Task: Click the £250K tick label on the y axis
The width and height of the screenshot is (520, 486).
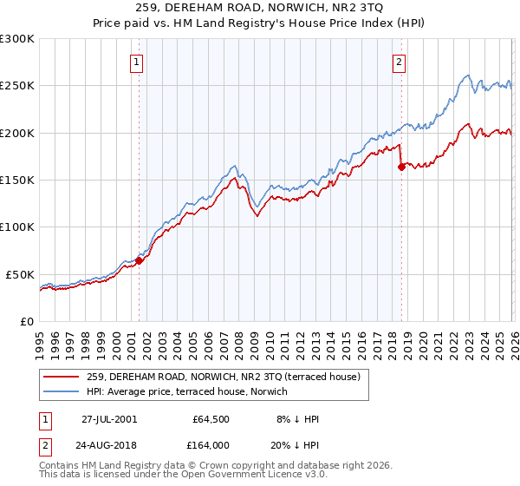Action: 17,86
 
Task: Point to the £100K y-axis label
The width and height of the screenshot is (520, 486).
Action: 17,227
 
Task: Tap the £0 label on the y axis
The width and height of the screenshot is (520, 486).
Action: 27,321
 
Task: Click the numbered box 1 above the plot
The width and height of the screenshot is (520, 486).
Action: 138,62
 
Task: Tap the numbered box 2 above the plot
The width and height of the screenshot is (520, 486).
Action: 399,62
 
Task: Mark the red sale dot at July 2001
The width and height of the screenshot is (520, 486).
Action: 140,260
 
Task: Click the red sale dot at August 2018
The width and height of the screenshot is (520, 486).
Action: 401,167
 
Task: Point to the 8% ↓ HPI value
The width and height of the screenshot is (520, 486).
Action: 297,419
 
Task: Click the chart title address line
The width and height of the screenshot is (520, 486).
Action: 260,10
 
